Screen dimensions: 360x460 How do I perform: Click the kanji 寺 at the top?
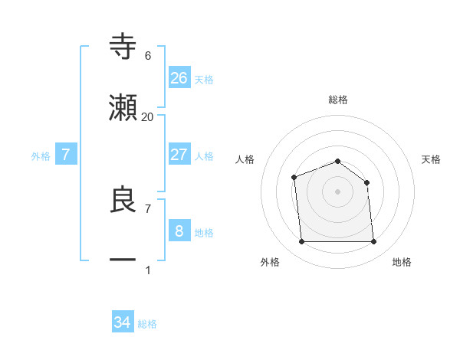(123, 47)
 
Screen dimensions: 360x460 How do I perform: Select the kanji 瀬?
(123, 108)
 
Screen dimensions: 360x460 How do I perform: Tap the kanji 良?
(123, 200)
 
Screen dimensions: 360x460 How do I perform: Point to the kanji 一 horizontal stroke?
(123, 261)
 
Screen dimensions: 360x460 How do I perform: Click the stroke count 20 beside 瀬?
(148, 116)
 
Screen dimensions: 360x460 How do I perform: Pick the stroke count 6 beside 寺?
(148, 55)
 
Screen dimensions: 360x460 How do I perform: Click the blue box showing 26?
(179, 77)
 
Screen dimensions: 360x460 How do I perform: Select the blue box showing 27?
(179, 154)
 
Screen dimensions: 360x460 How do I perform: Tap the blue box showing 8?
(179, 231)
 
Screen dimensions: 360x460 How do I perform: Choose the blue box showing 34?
(123, 322)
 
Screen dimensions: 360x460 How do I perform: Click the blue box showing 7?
(66, 154)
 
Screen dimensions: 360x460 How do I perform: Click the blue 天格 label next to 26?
(204, 79)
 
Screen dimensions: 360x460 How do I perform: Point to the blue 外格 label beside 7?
(41, 155)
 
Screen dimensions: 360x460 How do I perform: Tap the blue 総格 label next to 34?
(147, 324)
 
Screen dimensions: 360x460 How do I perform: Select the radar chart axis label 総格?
(338, 100)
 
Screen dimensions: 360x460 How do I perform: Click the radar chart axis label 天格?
(432, 159)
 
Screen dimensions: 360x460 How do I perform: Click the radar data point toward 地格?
(373, 242)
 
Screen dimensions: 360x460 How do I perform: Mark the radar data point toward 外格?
(302, 242)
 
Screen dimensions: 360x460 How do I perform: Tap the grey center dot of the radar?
(338, 191)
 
